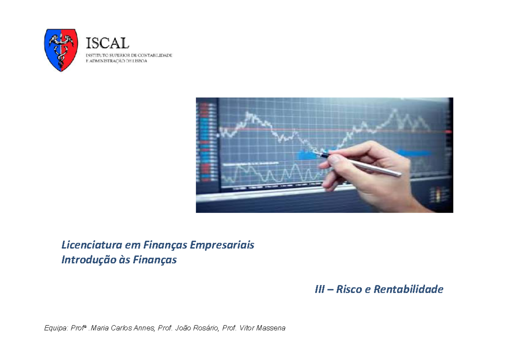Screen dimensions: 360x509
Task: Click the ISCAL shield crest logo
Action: point(61,50)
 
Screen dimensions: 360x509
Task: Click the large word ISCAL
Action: point(107,43)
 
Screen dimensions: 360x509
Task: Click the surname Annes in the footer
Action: point(144,328)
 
